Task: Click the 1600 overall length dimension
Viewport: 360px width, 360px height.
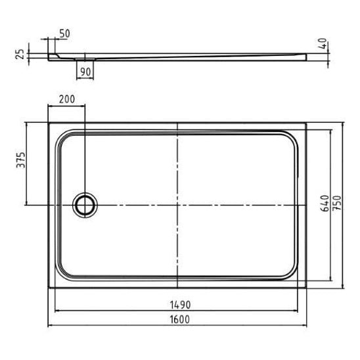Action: tap(180, 319)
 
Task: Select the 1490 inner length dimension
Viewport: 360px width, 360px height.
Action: tap(180, 305)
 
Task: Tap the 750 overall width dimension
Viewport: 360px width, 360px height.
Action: tap(337, 203)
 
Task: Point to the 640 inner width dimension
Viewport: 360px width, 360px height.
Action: tap(325, 203)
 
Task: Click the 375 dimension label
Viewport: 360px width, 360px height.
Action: tap(21, 160)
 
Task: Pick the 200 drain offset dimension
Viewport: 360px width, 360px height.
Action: tap(67, 99)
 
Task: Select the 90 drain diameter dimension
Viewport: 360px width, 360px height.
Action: tap(85, 72)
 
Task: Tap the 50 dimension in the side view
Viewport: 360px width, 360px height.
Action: tap(64, 34)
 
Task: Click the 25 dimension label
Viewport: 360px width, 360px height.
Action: tap(20, 54)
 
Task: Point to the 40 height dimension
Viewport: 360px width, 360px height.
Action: tap(323, 43)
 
